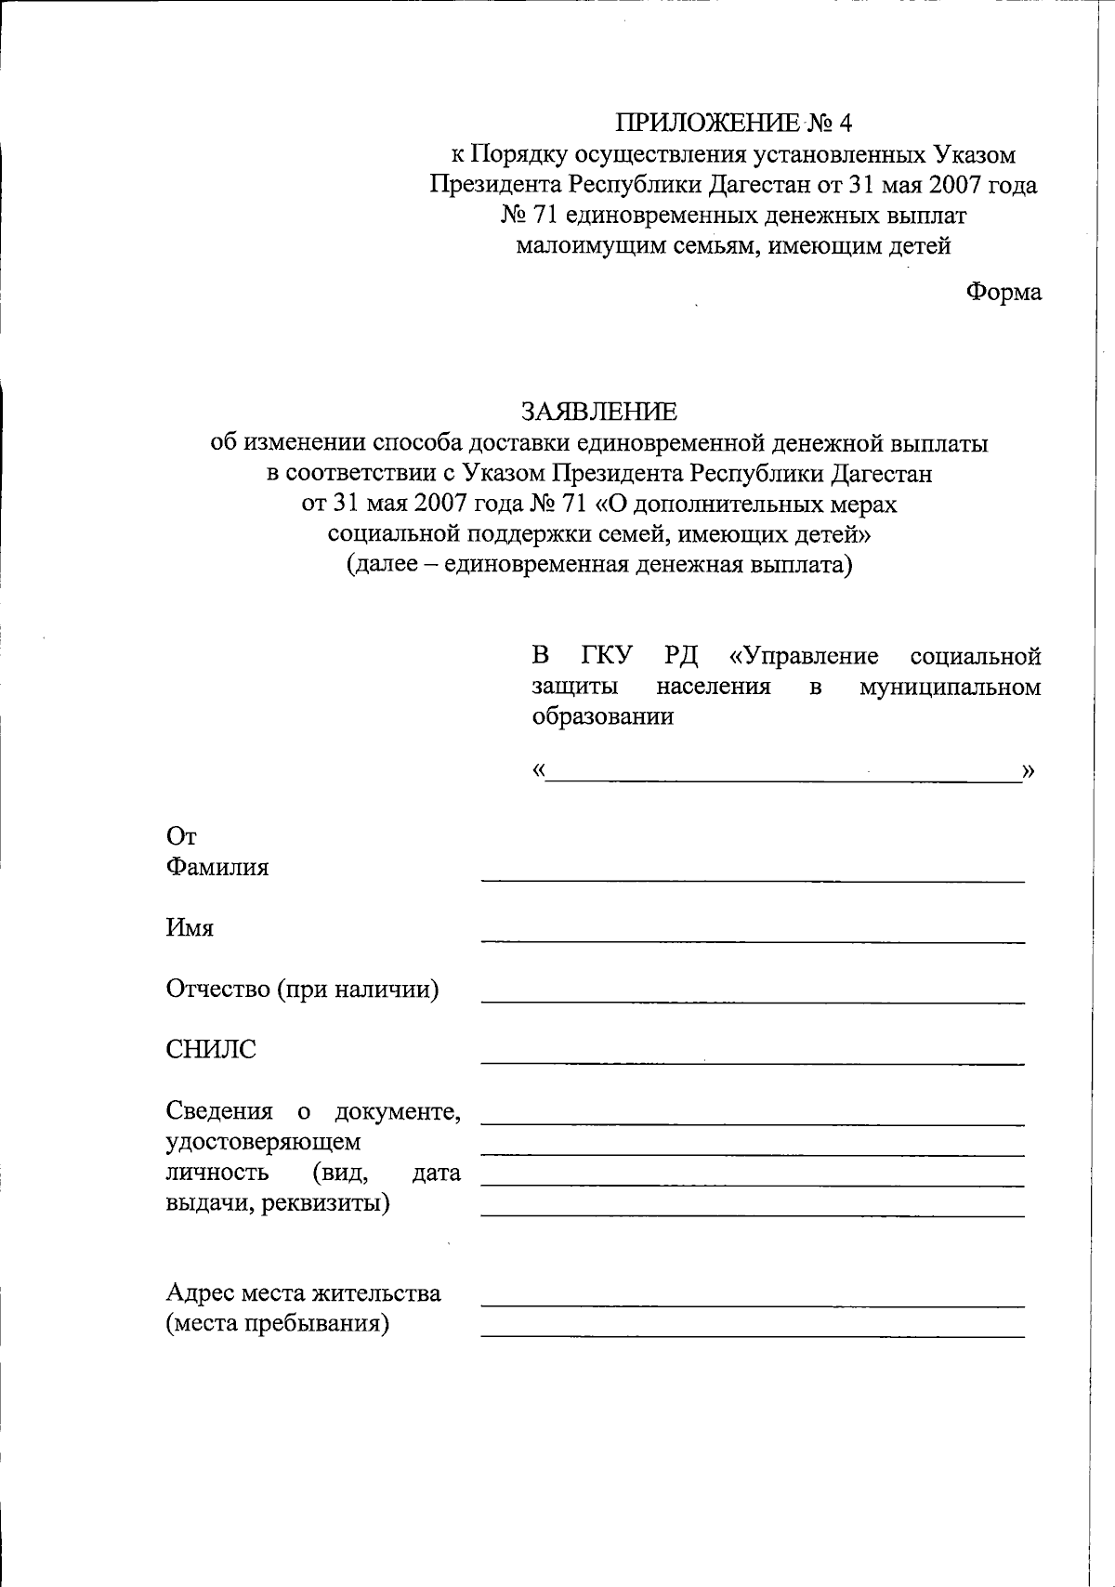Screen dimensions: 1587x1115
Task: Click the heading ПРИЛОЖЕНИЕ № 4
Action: [x=733, y=123]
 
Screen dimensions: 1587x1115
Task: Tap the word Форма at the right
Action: [x=1003, y=292]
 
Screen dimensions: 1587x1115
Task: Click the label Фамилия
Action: [x=217, y=868]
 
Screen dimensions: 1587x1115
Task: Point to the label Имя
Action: [x=190, y=928]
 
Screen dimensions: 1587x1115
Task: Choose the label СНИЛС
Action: [x=211, y=1050]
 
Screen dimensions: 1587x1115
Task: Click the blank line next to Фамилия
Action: [x=752, y=878]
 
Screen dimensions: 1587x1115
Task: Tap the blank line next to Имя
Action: [x=752, y=939]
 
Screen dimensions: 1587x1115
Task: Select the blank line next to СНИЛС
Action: [x=752, y=1061]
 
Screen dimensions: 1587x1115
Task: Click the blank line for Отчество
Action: [x=752, y=1001]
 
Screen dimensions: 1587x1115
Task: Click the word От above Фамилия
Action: [x=181, y=837]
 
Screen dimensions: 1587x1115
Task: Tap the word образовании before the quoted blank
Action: [x=602, y=717]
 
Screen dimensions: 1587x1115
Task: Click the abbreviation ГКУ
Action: [x=607, y=657]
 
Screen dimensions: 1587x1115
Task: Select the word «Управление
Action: [x=804, y=657]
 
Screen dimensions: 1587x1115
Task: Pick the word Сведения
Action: [x=219, y=1111]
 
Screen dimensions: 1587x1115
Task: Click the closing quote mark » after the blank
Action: [x=1029, y=771]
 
